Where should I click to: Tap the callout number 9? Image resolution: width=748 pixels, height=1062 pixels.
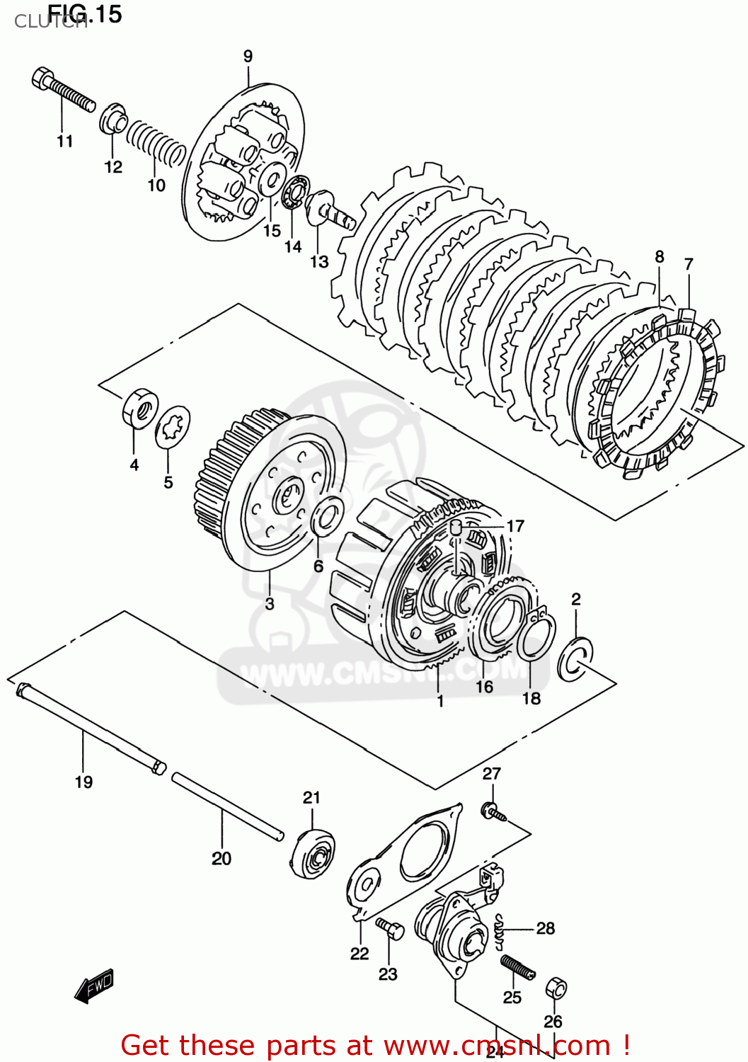tap(248, 57)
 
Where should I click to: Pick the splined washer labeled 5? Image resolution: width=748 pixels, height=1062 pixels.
tap(173, 427)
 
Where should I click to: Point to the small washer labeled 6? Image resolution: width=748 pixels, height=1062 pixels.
tap(328, 516)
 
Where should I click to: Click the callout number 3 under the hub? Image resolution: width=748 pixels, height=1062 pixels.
tap(270, 604)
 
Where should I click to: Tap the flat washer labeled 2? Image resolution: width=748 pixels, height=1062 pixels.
tap(575, 658)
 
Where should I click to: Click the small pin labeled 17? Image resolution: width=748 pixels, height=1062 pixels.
tap(456, 526)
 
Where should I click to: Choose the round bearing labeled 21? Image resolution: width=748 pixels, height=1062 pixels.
tap(312, 853)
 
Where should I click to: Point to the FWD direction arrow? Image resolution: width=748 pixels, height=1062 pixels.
tap(94, 985)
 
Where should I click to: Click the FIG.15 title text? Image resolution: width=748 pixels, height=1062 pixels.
tap(85, 13)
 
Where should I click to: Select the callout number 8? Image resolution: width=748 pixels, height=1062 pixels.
tap(659, 256)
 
